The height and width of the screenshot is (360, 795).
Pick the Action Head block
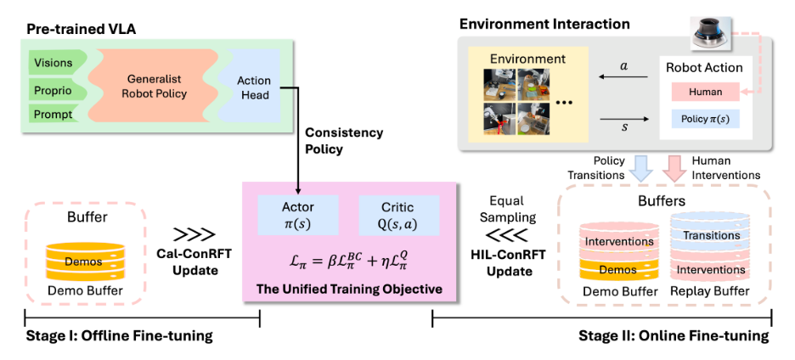click(253, 87)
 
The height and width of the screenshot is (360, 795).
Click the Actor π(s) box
click(298, 216)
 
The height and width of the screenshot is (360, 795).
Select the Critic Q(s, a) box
click(397, 216)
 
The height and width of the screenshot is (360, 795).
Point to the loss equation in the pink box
click(350, 257)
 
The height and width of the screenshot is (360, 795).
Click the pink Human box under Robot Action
click(706, 93)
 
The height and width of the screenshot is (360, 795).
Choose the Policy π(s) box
click(706, 120)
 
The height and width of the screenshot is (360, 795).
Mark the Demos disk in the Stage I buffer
click(83, 261)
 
